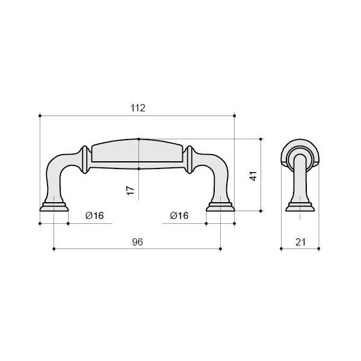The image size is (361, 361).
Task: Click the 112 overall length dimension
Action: click(x=138, y=108)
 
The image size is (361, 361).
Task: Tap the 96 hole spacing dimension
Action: click(x=138, y=242)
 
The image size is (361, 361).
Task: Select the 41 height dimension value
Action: click(x=253, y=176)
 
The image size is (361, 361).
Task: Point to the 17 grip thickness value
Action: click(x=131, y=190)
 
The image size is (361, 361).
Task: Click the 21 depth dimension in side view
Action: click(x=300, y=242)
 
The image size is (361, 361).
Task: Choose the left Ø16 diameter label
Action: click(x=94, y=215)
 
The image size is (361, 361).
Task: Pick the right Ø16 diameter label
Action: click(x=179, y=215)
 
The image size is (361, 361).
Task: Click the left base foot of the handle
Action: click(x=54, y=207)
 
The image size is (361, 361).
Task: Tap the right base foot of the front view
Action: click(x=220, y=207)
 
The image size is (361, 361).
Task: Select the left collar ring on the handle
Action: click(x=85, y=159)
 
